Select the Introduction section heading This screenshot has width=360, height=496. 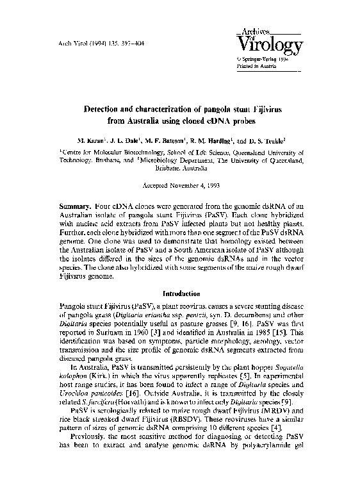[x=180, y=293]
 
